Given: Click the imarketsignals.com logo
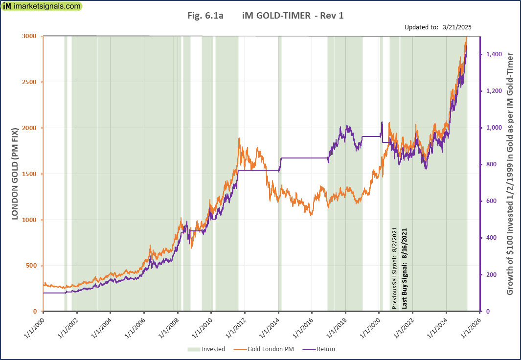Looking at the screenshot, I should [x=42, y=6].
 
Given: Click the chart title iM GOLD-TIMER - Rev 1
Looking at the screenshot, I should [x=293, y=16].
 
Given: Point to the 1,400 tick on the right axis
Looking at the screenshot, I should [x=494, y=55].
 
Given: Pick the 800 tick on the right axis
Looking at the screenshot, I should [x=491, y=165].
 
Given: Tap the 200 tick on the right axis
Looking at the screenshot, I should [x=491, y=275].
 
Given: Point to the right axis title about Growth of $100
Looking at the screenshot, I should [x=510, y=174].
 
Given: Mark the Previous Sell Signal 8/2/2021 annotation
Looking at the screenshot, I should [x=395, y=268].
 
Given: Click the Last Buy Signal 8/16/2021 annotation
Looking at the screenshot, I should [x=405, y=268].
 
